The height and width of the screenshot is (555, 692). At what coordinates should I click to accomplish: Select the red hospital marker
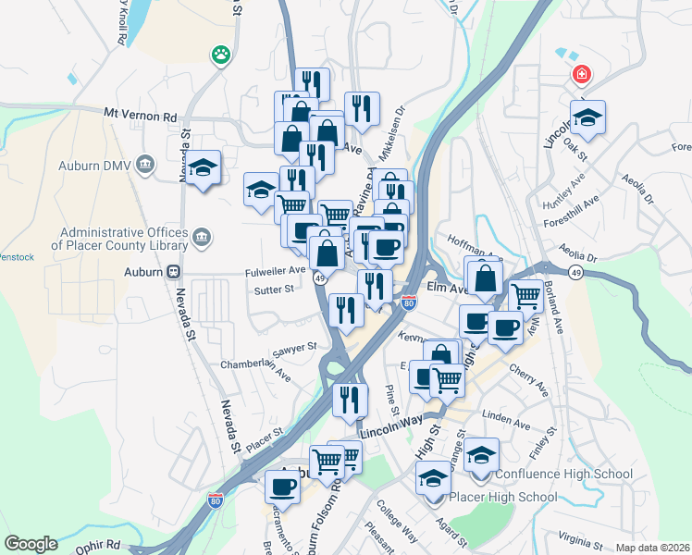(581, 75)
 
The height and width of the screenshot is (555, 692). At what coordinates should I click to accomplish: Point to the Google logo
(31, 543)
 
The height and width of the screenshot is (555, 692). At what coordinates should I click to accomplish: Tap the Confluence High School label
(564, 475)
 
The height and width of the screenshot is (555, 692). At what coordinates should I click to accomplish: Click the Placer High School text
(502, 497)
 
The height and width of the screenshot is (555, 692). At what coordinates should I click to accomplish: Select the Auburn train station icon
(173, 273)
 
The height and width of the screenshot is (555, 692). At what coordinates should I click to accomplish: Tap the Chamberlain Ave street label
(255, 364)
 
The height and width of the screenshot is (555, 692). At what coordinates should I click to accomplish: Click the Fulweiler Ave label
(276, 270)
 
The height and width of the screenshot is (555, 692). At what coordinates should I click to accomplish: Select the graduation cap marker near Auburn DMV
(203, 167)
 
